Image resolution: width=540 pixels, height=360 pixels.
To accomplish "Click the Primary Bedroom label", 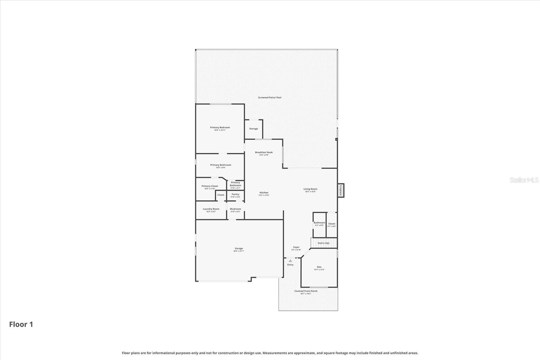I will (x=220, y=128).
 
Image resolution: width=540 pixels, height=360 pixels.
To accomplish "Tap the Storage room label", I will (x=253, y=129).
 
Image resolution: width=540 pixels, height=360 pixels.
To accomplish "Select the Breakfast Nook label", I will (x=264, y=152).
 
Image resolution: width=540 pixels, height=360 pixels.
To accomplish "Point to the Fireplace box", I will (x=341, y=190).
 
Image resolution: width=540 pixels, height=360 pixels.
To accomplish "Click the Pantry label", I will (x=235, y=195).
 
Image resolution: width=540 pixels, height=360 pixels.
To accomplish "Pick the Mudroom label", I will (x=235, y=209).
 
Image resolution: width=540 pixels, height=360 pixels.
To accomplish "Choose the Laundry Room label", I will (x=211, y=209).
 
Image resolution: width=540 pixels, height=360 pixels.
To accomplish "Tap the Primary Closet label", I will (x=210, y=186).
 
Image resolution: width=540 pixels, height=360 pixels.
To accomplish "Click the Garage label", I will (x=239, y=249).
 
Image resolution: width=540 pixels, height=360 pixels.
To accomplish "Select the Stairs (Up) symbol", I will (x=324, y=243).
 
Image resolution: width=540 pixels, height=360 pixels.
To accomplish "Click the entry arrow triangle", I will (x=290, y=261).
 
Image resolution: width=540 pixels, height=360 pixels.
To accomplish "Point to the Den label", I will (x=319, y=267).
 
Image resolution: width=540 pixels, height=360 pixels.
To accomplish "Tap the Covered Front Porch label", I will (x=306, y=291).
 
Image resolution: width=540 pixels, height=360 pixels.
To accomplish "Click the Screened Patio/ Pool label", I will (x=270, y=98).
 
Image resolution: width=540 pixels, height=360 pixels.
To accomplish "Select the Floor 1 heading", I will (x=21, y=325).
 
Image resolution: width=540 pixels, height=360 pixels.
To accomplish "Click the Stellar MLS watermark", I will (x=524, y=180).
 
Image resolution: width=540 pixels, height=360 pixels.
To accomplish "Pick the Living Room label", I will (x=310, y=189).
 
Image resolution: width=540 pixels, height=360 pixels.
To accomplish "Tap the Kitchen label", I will (x=264, y=193).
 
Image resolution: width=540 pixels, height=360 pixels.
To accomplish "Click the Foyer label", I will (x=296, y=247).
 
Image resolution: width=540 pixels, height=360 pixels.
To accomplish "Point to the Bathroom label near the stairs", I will (x=319, y=223).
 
